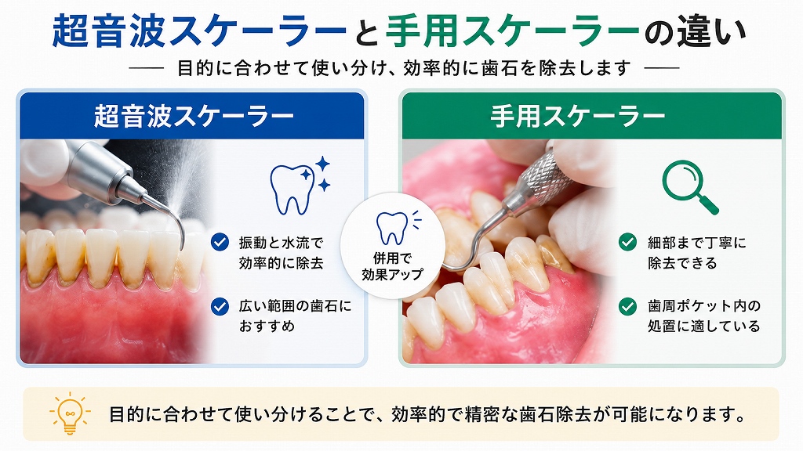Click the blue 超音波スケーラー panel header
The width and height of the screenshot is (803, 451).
pyautogui.click(x=192, y=116)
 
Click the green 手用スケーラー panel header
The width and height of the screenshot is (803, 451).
pyautogui.click(x=592, y=116)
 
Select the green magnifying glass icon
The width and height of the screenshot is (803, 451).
pyautogui.click(x=690, y=187)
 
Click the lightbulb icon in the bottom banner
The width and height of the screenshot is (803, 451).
pyautogui.click(x=70, y=413)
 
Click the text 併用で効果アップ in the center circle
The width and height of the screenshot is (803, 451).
pyautogui.click(x=393, y=266)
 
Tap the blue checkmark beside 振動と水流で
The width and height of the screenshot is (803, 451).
pyautogui.click(x=220, y=242)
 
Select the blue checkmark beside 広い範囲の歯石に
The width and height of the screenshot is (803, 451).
pyautogui.click(x=220, y=306)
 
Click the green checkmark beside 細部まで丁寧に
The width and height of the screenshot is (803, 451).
pyautogui.click(x=627, y=242)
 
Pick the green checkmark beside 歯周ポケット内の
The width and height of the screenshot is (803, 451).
pyautogui.click(x=627, y=306)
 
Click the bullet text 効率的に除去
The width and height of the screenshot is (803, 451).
pyautogui.click(x=282, y=263)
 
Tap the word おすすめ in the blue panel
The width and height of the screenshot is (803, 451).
pyautogui.click(x=267, y=326)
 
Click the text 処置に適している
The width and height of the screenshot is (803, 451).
pyautogui.click(x=703, y=326)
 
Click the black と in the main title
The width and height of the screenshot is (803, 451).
pyautogui.click(x=366, y=32)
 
